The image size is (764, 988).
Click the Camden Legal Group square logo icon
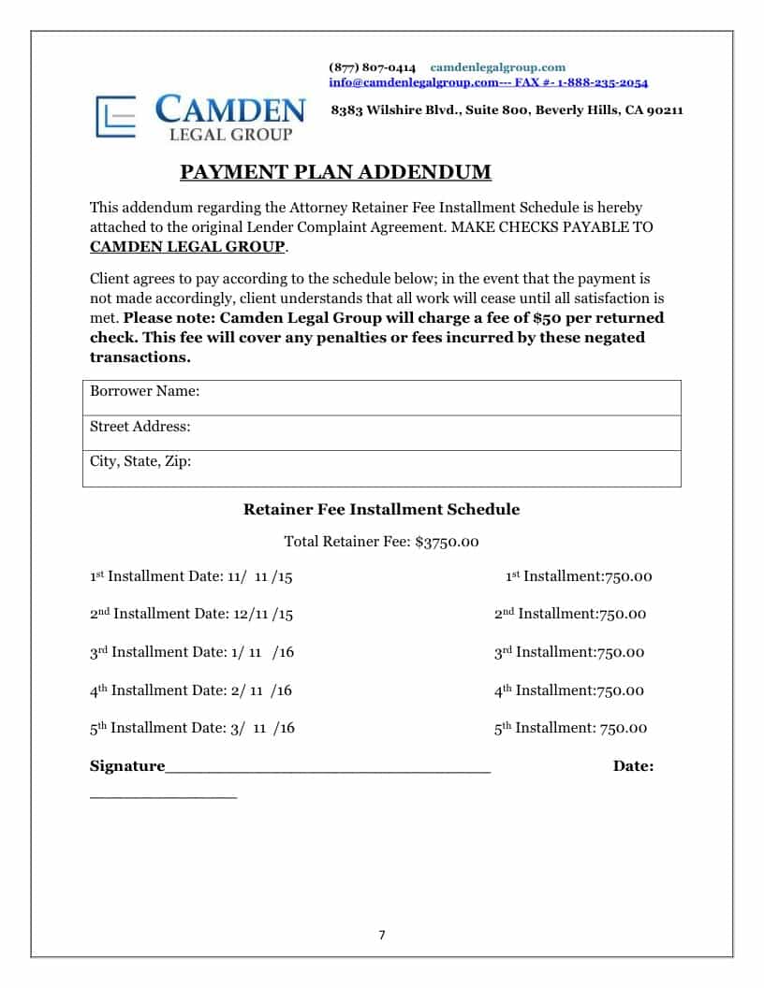(116, 117)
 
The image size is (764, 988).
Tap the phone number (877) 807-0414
(373, 67)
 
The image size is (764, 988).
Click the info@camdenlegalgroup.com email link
(413, 82)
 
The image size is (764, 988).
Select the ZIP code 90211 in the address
(666, 110)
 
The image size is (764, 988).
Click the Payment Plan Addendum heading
(335, 172)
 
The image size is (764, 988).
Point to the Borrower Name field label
(145, 391)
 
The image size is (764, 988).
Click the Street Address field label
(140, 427)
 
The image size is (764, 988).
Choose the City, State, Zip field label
(140, 461)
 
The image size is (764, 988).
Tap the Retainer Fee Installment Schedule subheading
(381, 510)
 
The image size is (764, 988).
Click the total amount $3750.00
(447, 542)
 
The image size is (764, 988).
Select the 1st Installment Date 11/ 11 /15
(259, 577)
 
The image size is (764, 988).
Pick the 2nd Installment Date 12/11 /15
(261, 615)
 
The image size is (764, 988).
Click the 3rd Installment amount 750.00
(621, 653)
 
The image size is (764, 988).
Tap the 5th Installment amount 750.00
(624, 729)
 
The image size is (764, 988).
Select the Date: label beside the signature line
(633, 766)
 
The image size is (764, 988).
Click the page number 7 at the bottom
(382, 935)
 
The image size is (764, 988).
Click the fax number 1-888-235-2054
(603, 82)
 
